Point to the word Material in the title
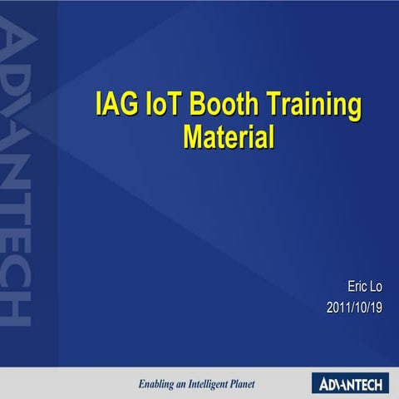pyautogui.click(x=229, y=135)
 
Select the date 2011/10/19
pyautogui.click(x=354, y=308)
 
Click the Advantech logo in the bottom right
pyautogui.click(x=349, y=383)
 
